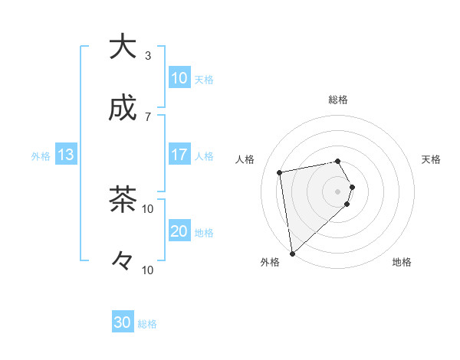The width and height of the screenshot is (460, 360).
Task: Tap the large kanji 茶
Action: pyautogui.click(x=123, y=200)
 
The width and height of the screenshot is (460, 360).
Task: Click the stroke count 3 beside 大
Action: pyautogui.click(x=148, y=56)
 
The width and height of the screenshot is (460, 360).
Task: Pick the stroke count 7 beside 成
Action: pyautogui.click(x=148, y=116)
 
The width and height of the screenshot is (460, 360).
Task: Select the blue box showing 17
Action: pyautogui.click(x=179, y=155)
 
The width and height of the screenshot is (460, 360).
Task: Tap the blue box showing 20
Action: pyautogui.click(x=179, y=231)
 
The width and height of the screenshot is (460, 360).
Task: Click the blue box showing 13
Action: pyautogui.click(x=66, y=155)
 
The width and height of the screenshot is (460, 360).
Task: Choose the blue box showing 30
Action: pyautogui.click(x=123, y=322)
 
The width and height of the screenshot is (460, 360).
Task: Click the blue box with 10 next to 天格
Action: pyautogui.click(x=179, y=78)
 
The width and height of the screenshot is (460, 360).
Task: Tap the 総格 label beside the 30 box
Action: pyautogui.click(x=147, y=324)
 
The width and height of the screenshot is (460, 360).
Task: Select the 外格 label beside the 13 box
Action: pyautogui.click(x=41, y=156)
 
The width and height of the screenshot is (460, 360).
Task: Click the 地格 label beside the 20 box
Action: pyautogui.click(x=204, y=233)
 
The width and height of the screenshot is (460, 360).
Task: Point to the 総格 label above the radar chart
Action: pyautogui.click(x=338, y=100)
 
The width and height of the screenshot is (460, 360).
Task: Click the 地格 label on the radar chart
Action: pyautogui.click(x=402, y=263)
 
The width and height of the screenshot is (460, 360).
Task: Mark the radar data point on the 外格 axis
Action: pyautogui.click(x=292, y=253)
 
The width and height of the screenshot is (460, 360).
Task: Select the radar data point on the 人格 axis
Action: pyautogui.click(x=280, y=172)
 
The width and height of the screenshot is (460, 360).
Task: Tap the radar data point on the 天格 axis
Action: pyautogui.click(x=352, y=187)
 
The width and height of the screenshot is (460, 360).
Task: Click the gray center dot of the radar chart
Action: pyautogui.click(x=338, y=191)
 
